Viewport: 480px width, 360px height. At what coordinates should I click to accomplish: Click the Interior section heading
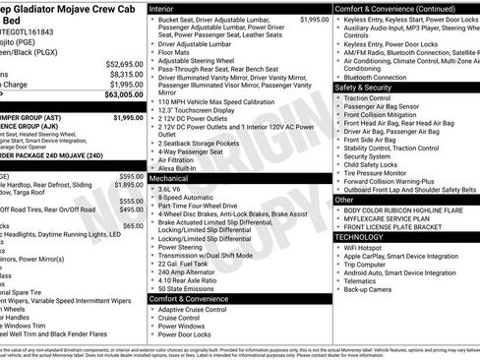pyautogui.click(x=166, y=7)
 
